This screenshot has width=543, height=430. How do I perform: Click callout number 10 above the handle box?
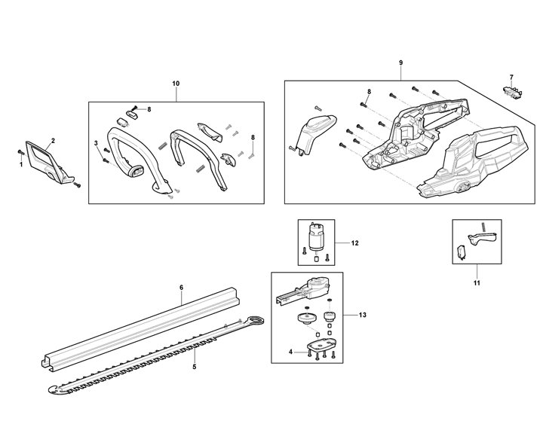click(x=176, y=84)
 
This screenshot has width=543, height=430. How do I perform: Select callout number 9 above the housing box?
click(x=401, y=63)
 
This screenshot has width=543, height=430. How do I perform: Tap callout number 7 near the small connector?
click(x=511, y=78)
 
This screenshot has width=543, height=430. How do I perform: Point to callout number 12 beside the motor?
click(x=354, y=243)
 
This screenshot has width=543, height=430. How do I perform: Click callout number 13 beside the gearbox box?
click(x=362, y=315)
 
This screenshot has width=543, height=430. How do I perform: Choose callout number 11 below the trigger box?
click(x=477, y=282)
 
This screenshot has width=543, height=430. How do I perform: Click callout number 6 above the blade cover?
click(x=182, y=288)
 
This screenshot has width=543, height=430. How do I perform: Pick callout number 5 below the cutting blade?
click(x=195, y=367)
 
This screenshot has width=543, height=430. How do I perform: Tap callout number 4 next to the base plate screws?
click(x=290, y=352)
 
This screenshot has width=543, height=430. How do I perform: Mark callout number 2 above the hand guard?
click(x=53, y=141)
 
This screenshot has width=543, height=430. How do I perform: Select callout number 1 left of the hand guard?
click(x=21, y=164)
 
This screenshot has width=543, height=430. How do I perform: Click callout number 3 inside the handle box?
click(x=96, y=143)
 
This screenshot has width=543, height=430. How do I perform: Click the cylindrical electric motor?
click(x=315, y=237)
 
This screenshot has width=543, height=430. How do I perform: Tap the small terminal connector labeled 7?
click(x=512, y=90)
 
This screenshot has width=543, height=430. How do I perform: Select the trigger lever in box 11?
click(x=482, y=239)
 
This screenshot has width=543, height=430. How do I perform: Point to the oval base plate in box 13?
click(x=322, y=345)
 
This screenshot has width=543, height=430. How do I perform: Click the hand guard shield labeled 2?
click(x=50, y=162)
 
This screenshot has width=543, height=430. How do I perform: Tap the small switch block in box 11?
click(x=461, y=252)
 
